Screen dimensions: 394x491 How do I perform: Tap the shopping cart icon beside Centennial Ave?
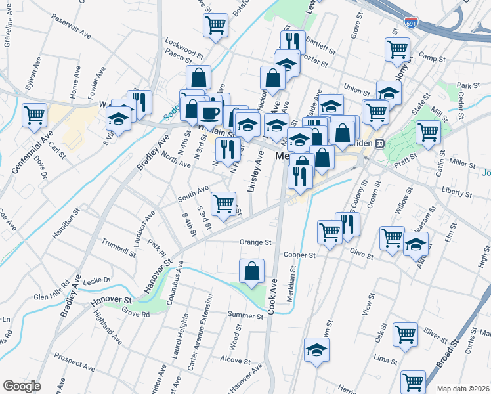(34, 115)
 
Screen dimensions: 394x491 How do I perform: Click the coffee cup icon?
(209, 112)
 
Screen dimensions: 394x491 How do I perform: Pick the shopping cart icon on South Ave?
(223, 203)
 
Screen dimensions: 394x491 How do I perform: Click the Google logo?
(21, 386)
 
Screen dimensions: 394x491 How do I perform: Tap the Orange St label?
(255, 242)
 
